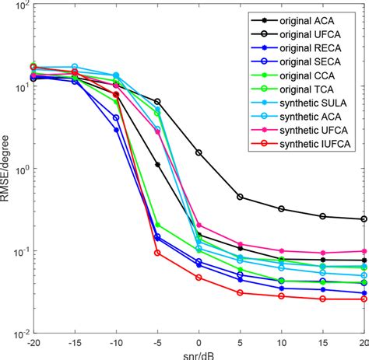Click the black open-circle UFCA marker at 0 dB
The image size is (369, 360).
pyautogui.click(x=199, y=152)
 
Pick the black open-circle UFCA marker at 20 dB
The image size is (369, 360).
pyautogui.click(x=364, y=219)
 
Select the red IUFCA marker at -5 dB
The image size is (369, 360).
pyautogui.click(x=157, y=253)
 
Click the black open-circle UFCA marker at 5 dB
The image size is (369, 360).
pyautogui.click(x=240, y=197)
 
